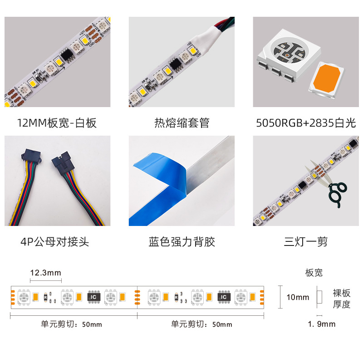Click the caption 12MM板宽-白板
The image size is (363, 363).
pyautogui.click(x=57, y=123)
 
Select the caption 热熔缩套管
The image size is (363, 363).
pyautogui.click(x=182, y=123)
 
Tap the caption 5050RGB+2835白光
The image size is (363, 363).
pyautogui.click(x=306, y=123)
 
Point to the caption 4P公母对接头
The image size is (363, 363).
pyautogui.click(x=55, y=242)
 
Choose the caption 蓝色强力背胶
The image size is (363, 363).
pyautogui.click(x=182, y=242)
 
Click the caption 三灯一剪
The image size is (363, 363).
pyautogui.click(x=306, y=242)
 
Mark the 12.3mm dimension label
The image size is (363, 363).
pyautogui.click(x=46, y=273)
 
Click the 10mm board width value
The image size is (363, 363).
pyautogui.click(x=298, y=297)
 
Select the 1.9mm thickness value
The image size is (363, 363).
pyautogui.click(x=322, y=324)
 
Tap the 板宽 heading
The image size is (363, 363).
pyautogui.click(x=314, y=273)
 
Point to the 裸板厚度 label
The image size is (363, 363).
pyautogui.click(x=342, y=299)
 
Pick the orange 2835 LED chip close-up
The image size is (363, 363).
pyautogui.click(x=326, y=80)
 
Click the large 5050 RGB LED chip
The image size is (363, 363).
pyautogui.click(x=289, y=54)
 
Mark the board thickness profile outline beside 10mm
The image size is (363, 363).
pyautogui.click(x=319, y=297)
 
